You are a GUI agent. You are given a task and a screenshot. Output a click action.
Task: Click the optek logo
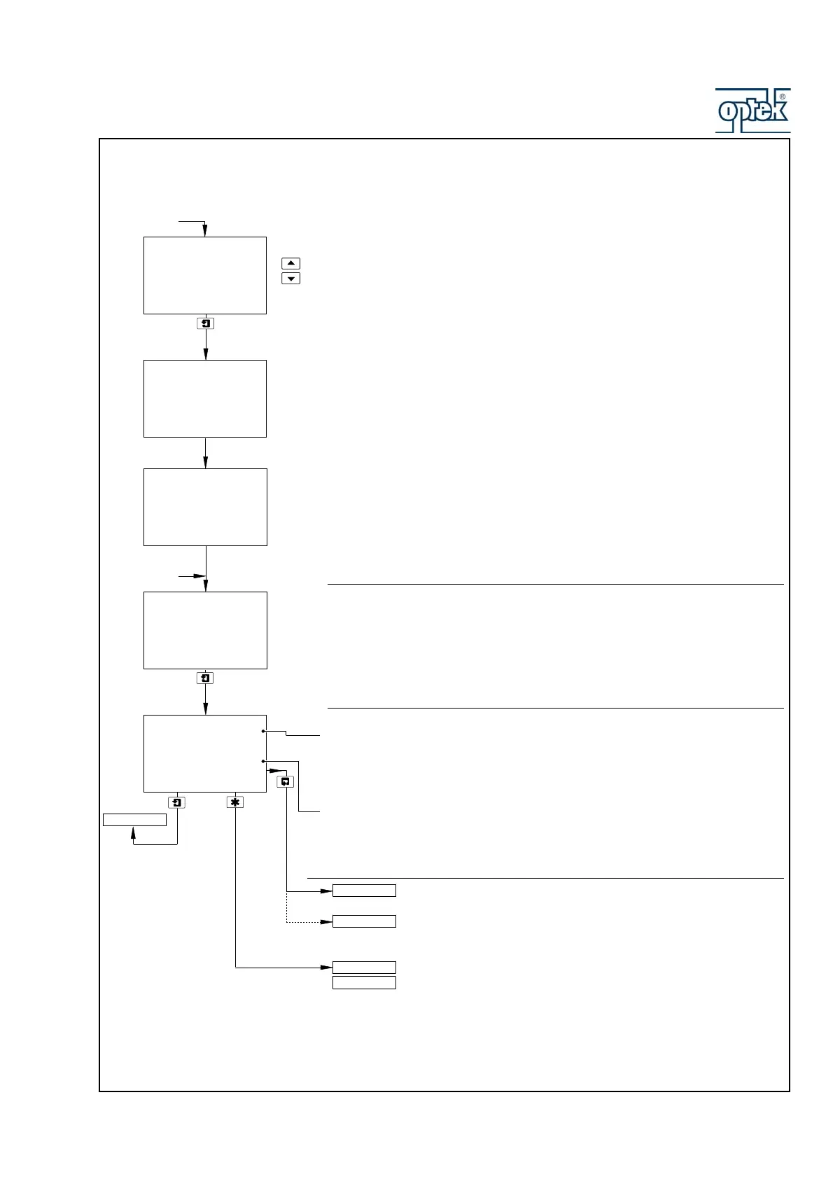point(752,111)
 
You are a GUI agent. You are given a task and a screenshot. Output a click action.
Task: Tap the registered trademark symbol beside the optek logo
point(782,97)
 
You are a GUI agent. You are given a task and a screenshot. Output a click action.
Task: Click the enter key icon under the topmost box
point(205,323)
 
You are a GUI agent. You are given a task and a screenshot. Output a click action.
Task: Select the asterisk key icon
point(235,802)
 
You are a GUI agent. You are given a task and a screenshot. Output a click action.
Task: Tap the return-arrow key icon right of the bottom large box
point(286,782)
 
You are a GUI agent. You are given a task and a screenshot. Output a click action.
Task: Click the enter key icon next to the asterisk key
point(177,802)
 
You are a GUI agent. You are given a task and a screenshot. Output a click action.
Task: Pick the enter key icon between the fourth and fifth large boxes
point(205,678)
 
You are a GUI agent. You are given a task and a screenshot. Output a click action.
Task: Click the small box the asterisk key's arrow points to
point(364,968)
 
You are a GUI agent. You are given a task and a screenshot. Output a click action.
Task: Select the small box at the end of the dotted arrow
point(364,921)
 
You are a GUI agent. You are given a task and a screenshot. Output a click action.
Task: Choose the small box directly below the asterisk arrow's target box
point(364,983)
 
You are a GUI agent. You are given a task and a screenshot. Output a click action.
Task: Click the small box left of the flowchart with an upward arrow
point(134,820)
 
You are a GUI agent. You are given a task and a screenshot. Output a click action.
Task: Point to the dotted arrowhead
point(327,922)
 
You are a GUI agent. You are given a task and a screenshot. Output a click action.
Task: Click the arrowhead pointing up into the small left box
point(133,831)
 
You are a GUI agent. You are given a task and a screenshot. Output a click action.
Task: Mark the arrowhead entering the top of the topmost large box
point(205,232)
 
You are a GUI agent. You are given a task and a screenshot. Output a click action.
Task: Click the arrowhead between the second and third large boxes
point(205,463)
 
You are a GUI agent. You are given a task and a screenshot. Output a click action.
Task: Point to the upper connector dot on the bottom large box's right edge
point(263,731)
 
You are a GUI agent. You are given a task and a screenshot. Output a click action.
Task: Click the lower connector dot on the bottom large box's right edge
point(263,760)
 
